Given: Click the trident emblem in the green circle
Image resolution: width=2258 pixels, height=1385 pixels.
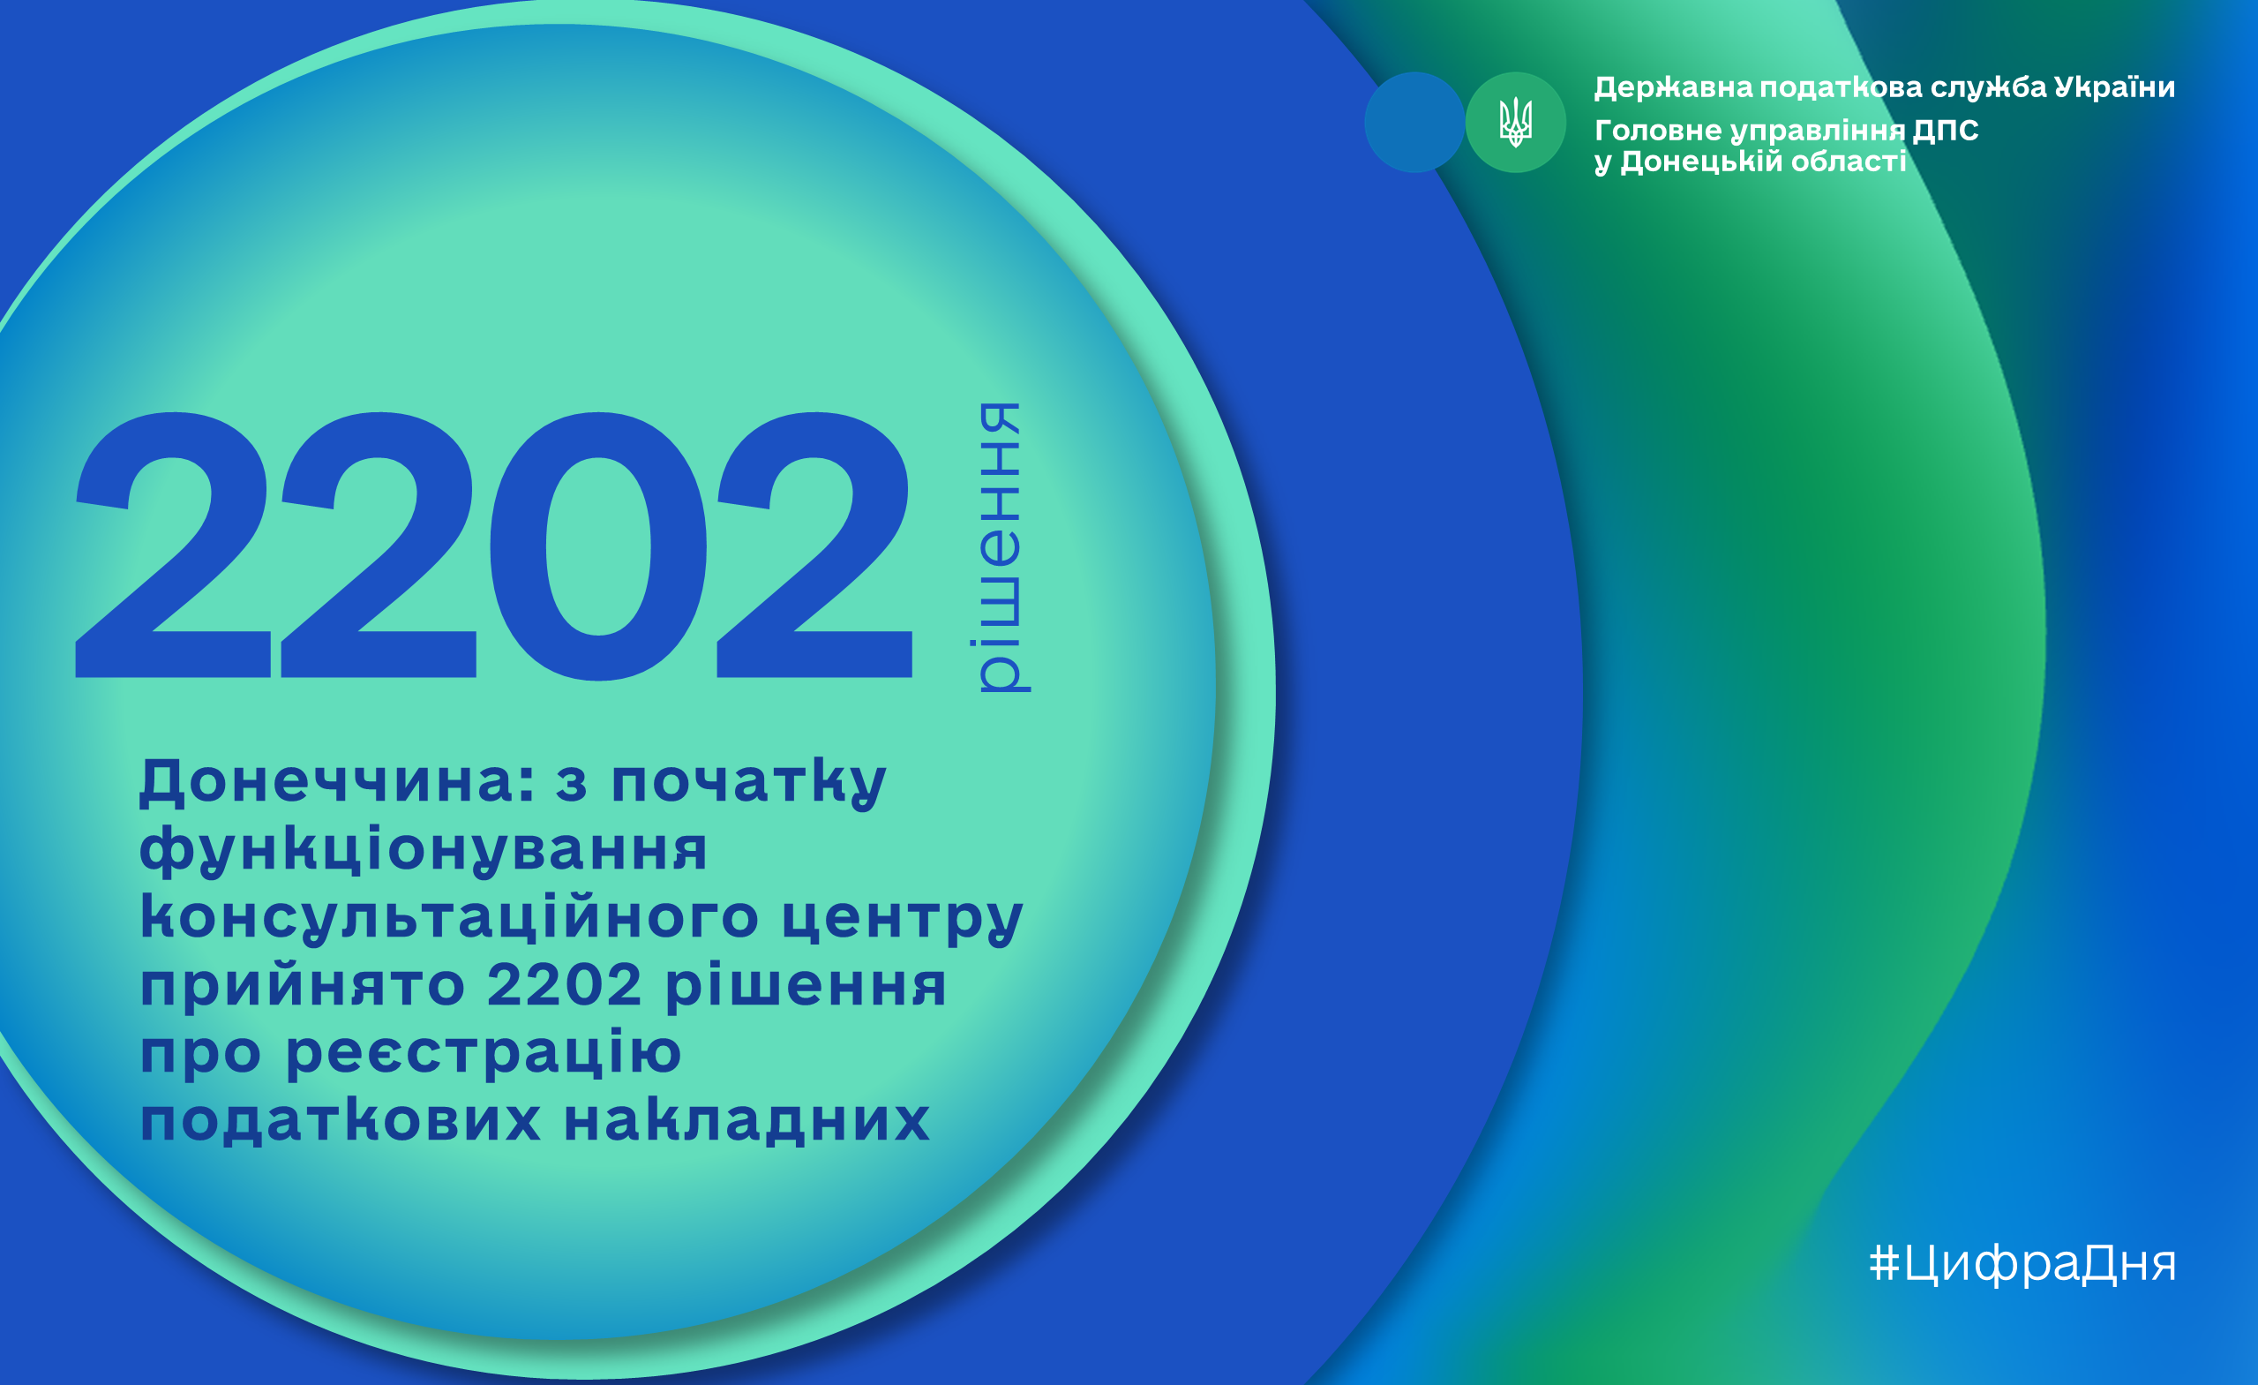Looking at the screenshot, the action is click(x=1515, y=122).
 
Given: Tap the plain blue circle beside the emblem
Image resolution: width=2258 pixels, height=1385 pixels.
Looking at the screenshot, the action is click(x=1414, y=122).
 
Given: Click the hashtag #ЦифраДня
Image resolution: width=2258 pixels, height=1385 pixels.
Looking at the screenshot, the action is click(x=2022, y=1263).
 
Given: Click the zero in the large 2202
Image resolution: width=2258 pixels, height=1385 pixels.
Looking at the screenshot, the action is click(x=597, y=546).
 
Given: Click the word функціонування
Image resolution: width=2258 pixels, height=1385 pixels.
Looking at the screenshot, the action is click(x=424, y=850).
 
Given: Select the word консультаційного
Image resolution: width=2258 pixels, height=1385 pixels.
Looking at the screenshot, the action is click(x=449, y=916).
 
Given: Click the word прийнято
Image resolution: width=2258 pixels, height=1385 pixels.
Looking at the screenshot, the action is click(x=303, y=985).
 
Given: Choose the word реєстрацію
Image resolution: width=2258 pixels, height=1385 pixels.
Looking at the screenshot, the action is click(x=484, y=1054).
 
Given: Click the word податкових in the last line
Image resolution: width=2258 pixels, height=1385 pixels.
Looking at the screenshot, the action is click(x=340, y=1119).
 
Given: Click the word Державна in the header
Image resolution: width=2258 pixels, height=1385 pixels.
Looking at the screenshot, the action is click(x=1673, y=87).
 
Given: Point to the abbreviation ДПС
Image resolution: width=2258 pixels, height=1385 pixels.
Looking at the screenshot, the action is click(x=1945, y=130).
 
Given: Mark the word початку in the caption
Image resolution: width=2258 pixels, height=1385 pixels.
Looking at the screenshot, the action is click(x=748, y=784).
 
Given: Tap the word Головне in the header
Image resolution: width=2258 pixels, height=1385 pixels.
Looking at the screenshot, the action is click(x=1658, y=130).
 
